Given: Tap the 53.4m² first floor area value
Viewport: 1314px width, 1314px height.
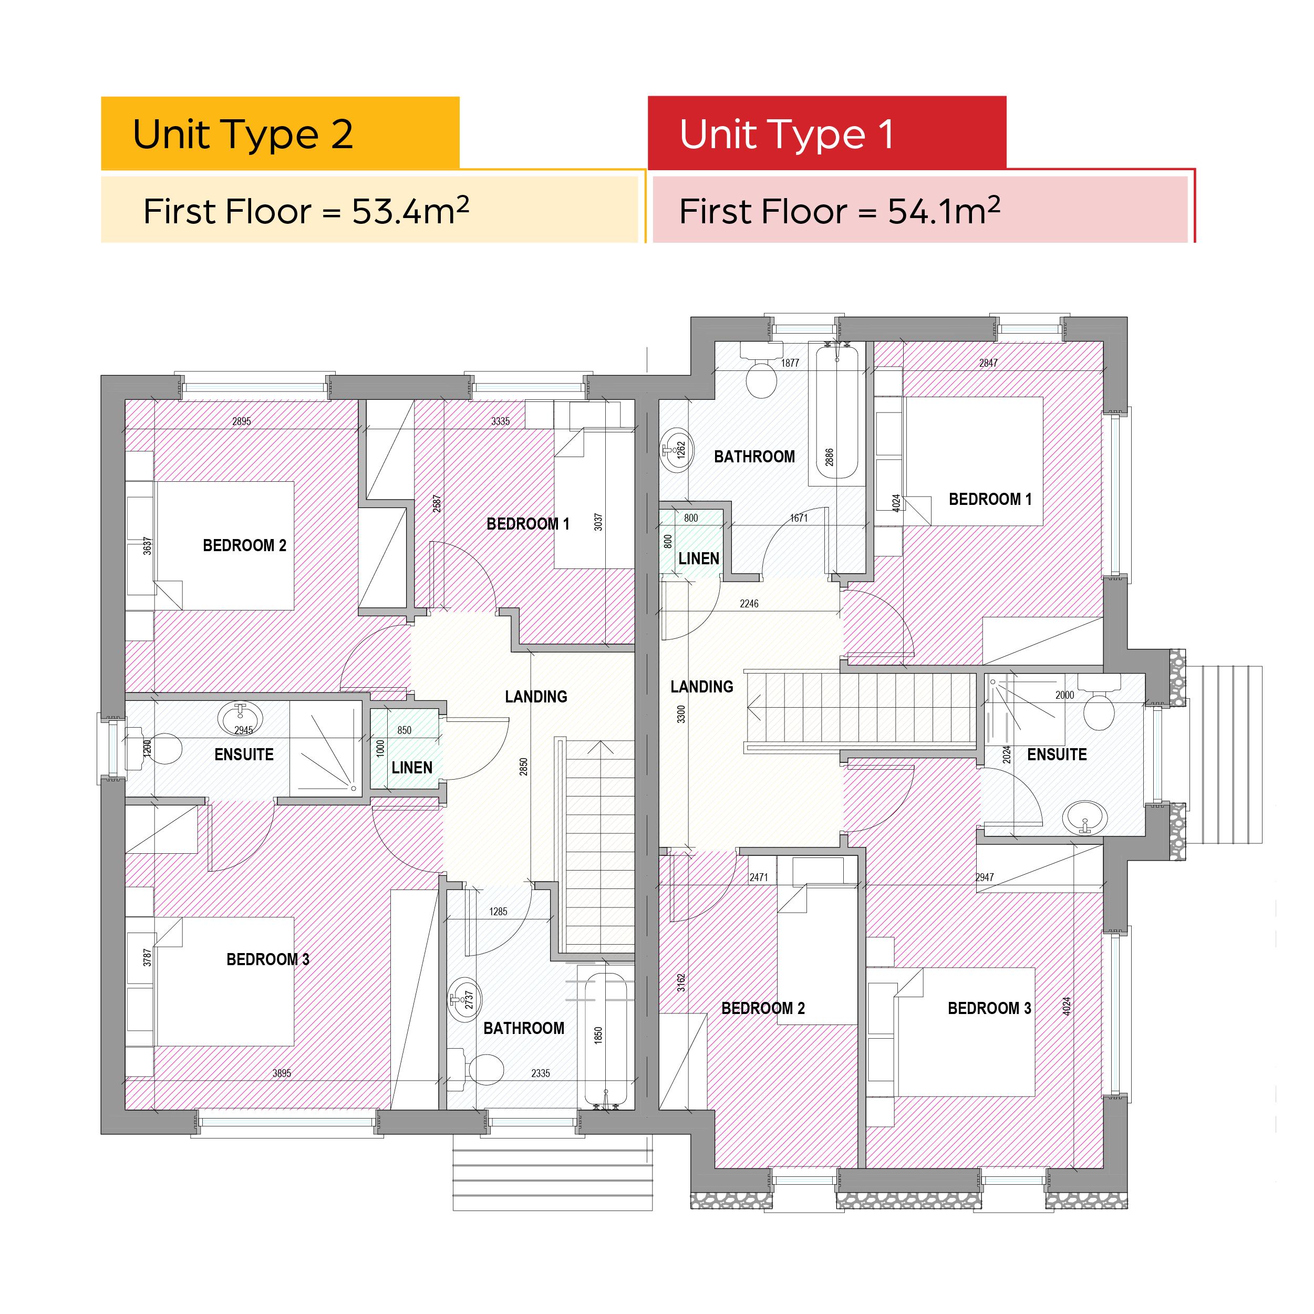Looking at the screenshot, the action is (410, 210).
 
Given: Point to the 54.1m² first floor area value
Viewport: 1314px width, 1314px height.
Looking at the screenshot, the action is (944, 210).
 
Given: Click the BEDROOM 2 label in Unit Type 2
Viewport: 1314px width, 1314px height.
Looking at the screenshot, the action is (244, 545).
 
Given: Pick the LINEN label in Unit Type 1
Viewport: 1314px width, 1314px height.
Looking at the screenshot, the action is (698, 558).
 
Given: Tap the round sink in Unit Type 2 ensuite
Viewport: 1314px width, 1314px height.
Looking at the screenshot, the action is (240, 716).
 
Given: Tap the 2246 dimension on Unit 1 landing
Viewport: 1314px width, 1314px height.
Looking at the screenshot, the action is (749, 603).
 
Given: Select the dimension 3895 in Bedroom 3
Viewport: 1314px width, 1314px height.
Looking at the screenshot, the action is (282, 1073).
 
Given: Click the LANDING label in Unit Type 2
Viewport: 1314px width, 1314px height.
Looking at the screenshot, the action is (536, 697).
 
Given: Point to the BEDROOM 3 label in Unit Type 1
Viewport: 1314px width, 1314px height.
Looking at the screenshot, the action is (990, 1008).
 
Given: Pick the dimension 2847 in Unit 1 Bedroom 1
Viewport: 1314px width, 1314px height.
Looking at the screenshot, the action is (988, 363).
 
